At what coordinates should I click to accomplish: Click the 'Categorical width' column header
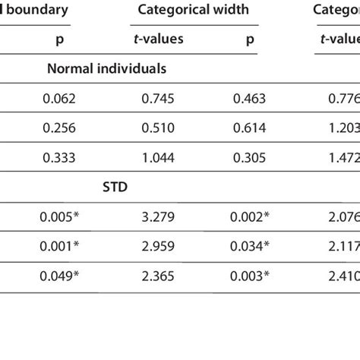click(x=199, y=11)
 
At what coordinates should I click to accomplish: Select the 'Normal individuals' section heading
click(x=107, y=68)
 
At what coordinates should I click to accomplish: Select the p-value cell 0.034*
click(x=249, y=245)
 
